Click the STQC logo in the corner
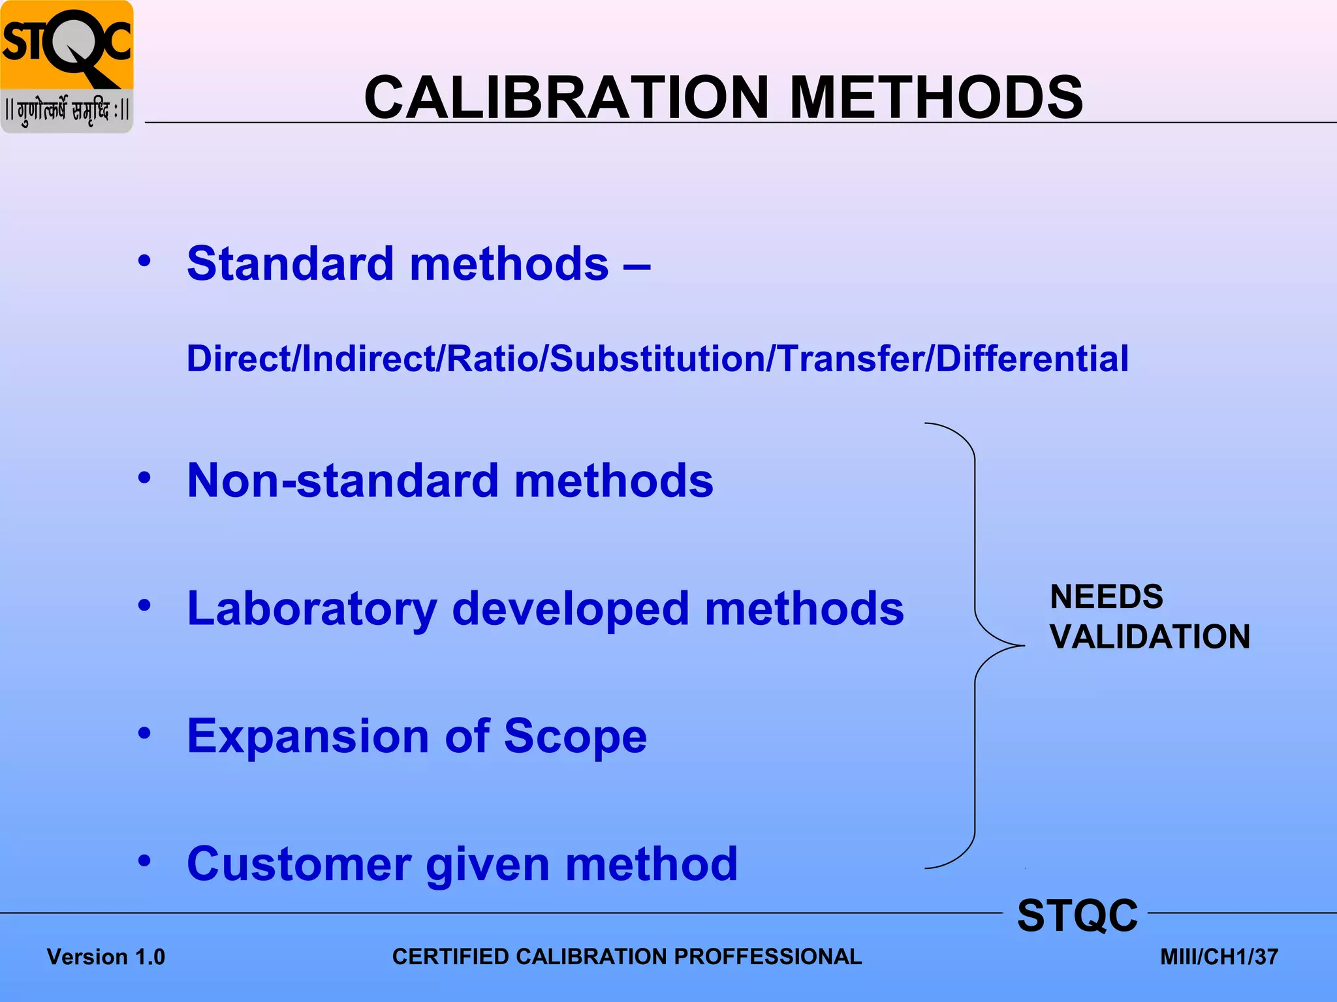[x=67, y=67]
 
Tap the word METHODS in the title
[x=936, y=98]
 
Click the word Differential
[x=1032, y=359]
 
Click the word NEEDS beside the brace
[x=1107, y=597]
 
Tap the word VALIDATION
[x=1150, y=637]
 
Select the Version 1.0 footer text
[x=106, y=957]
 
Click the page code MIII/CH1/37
[x=1219, y=957]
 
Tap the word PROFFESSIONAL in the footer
[x=768, y=956]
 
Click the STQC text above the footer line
[x=1077, y=916]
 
